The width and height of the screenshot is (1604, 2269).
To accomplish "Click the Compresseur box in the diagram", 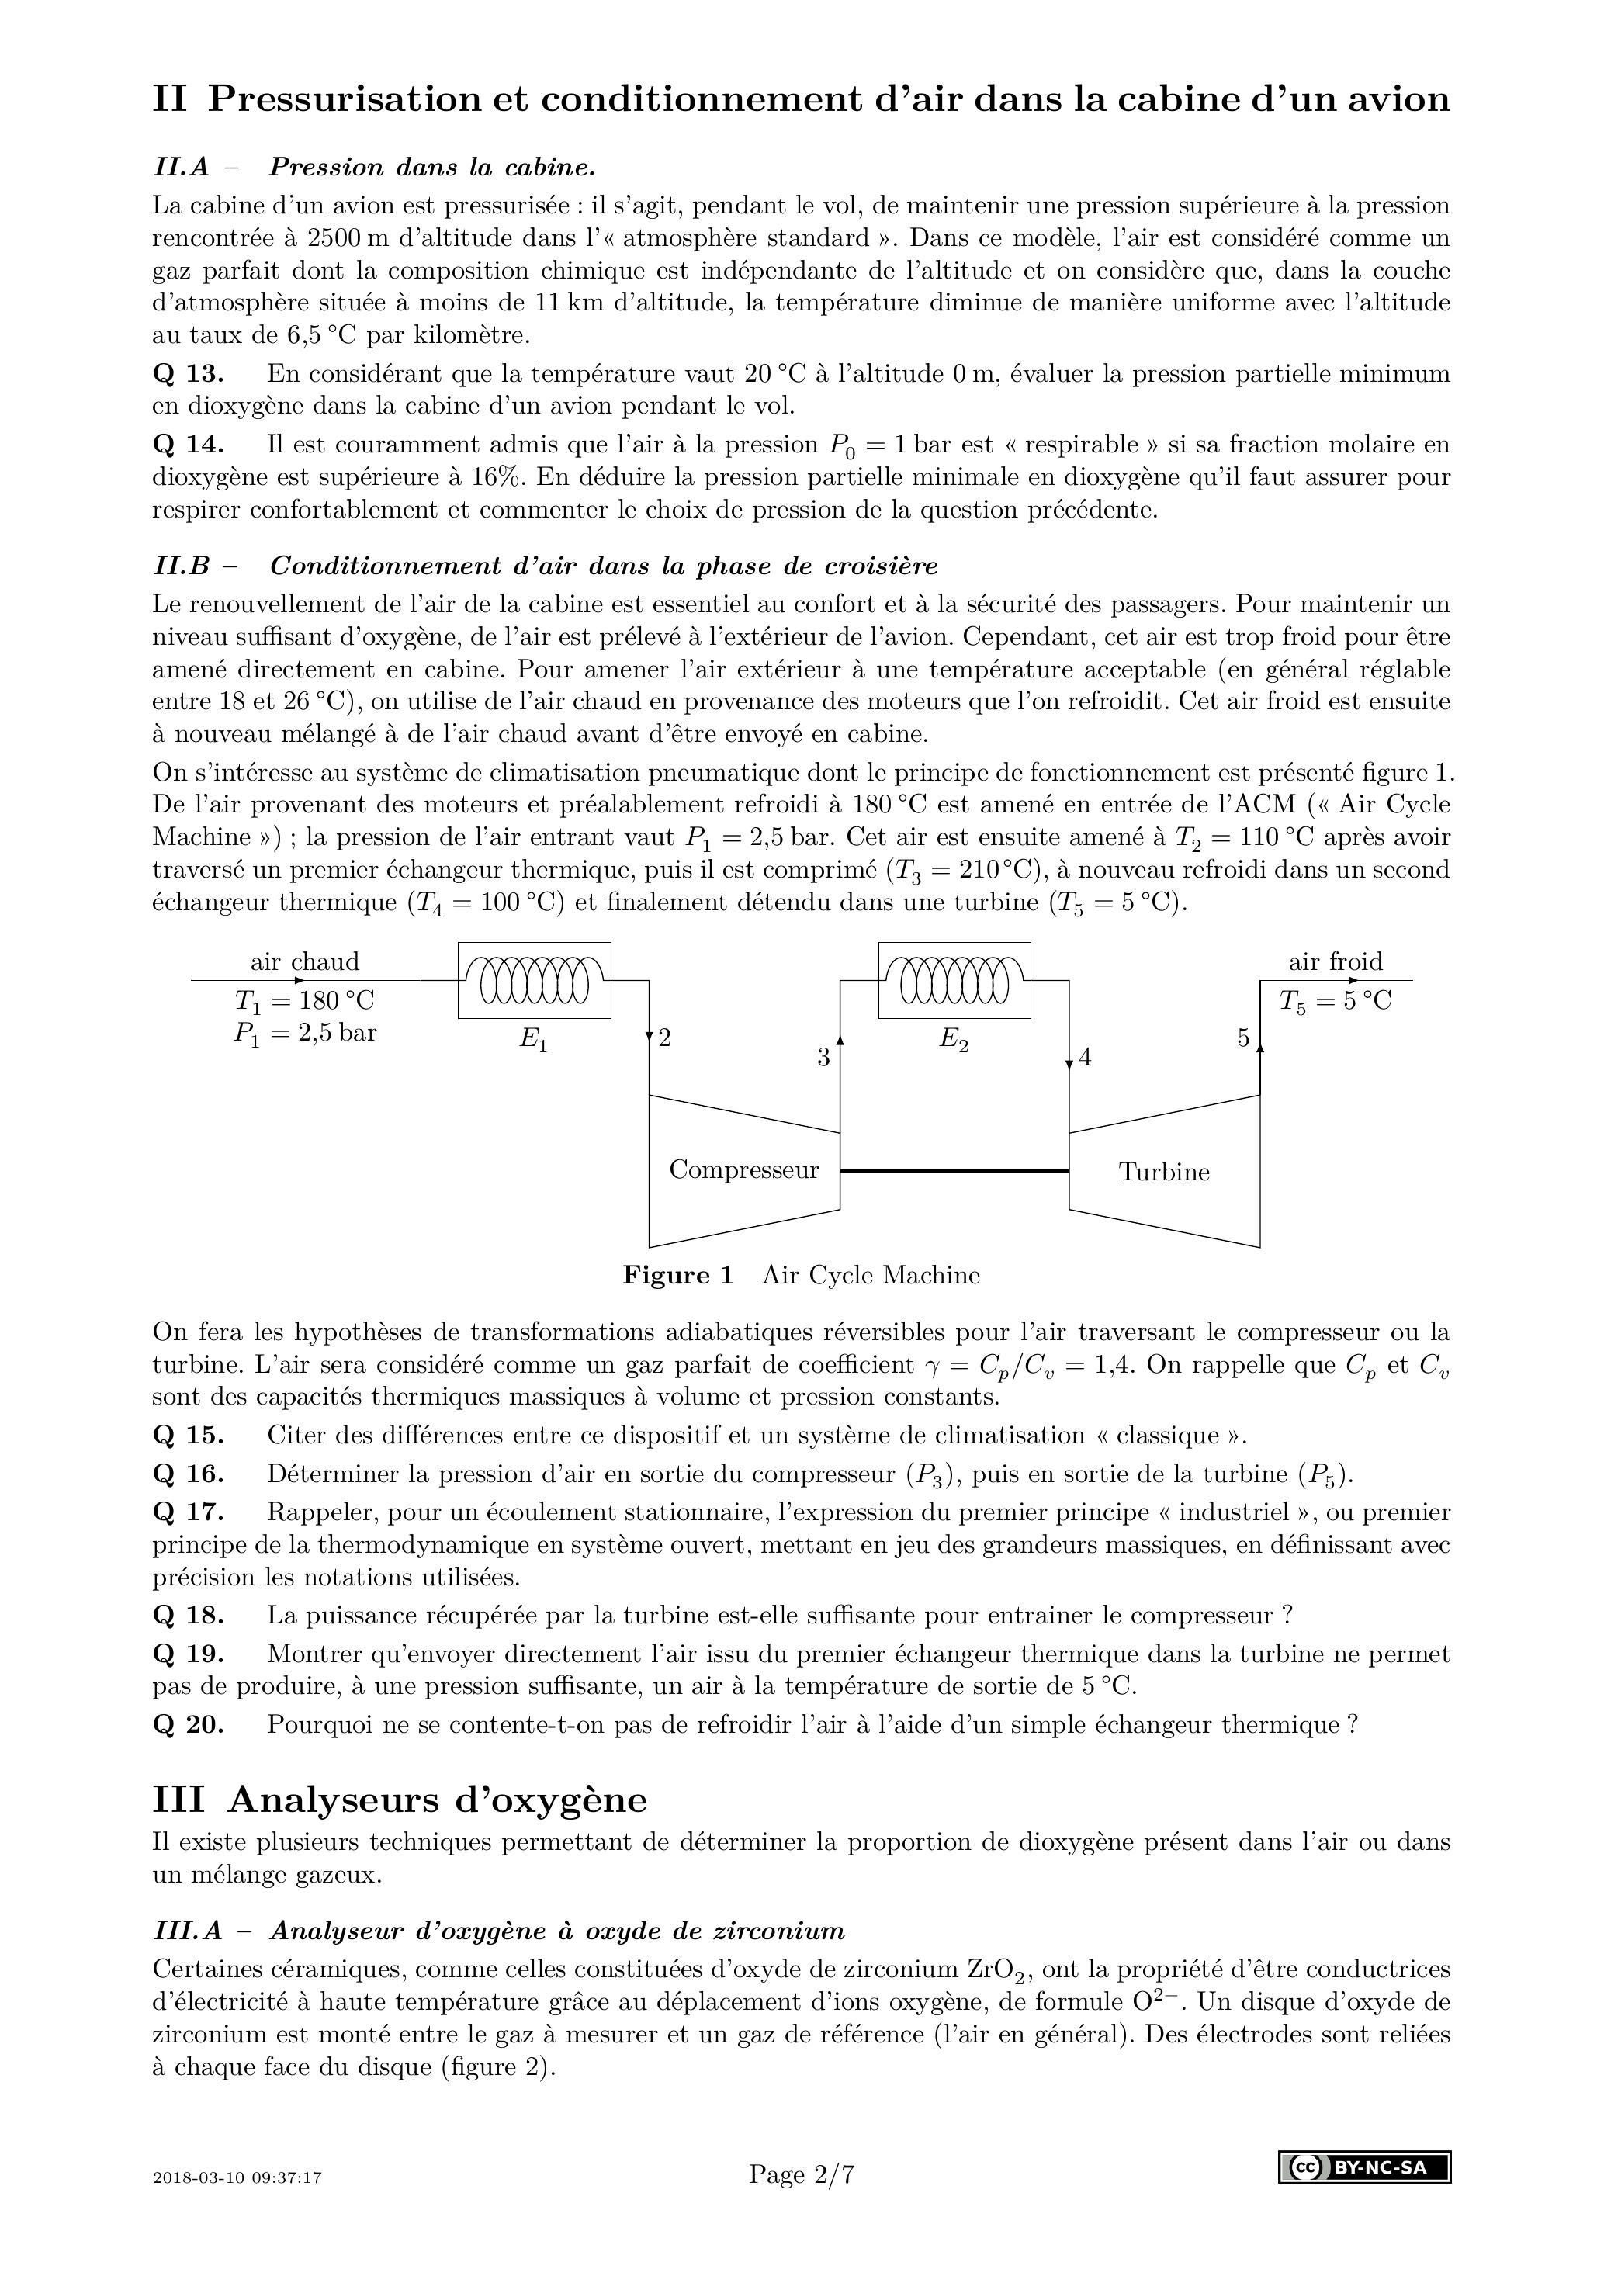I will [743, 1170].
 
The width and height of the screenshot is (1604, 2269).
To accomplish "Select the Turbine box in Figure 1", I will [1164, 1172].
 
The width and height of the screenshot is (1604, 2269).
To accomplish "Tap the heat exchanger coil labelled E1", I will [534, 979].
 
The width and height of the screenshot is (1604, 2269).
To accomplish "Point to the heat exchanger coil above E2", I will [954, 979].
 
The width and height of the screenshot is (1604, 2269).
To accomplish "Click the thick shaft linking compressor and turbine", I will [954, 1171].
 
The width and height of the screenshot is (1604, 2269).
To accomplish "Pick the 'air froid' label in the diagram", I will [1336, 961].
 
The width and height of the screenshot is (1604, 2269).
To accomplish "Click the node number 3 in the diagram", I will [823, 1058].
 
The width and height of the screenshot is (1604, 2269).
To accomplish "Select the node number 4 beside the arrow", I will [1085, 1058].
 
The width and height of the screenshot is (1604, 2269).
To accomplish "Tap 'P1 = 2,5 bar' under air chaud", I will [306, 1034].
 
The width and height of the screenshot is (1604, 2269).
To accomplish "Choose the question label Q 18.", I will [188, 1615].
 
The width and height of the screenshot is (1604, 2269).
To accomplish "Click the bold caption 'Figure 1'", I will [678, 1275].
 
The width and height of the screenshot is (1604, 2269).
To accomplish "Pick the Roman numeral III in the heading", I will [179, 1800].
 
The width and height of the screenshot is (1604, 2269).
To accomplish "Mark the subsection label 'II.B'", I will [182, 566].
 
